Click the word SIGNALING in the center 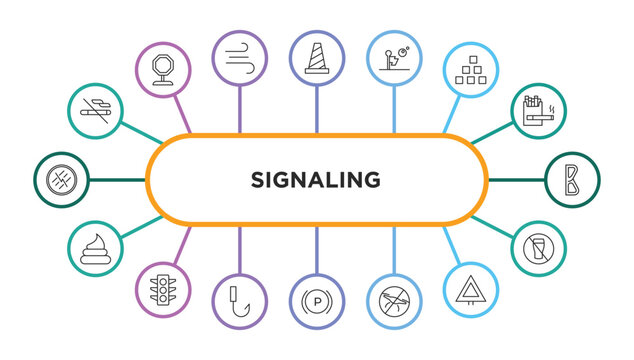[316, 180]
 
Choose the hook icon [239, 297]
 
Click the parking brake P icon [316, 298]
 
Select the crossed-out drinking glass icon [537, 249]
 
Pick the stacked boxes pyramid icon [470, 69]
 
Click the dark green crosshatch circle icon [62, 180]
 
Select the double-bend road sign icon [572, 180]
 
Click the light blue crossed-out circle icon [394, 298]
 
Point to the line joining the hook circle [239, 249]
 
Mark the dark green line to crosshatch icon [118, 180]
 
